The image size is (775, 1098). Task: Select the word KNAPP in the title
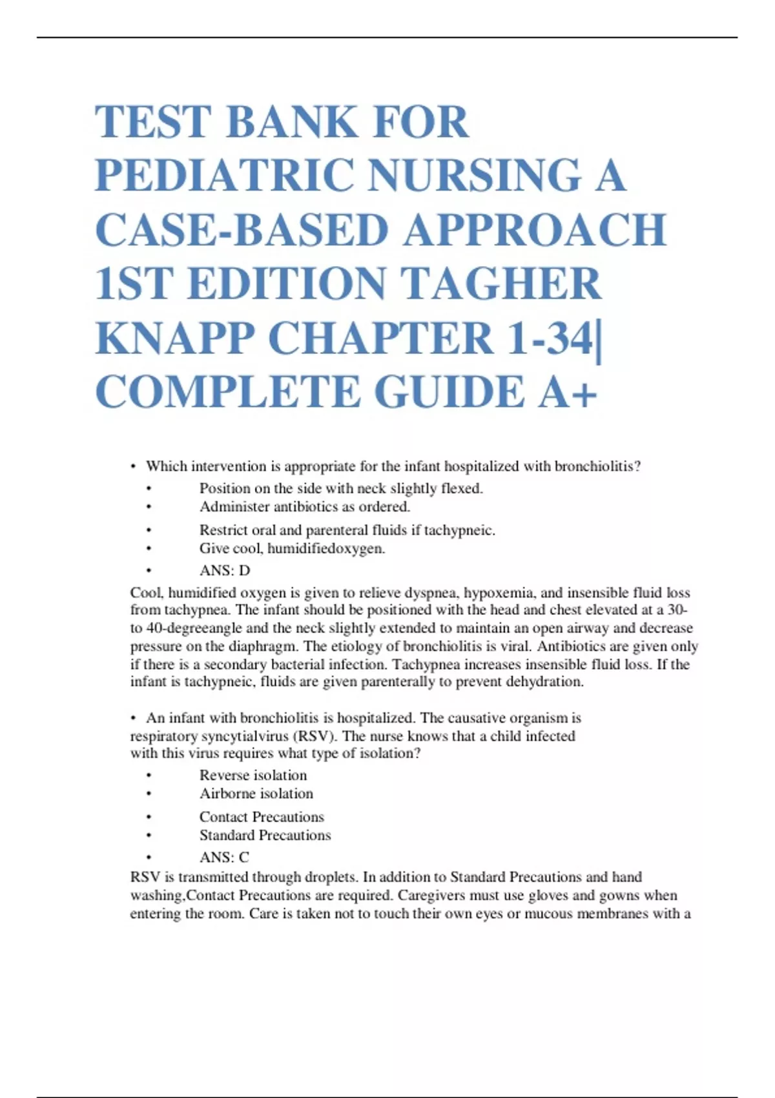[x=174, y=338]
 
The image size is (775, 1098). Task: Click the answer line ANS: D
[x=225, y=570]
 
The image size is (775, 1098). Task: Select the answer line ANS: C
[x=224, y=857]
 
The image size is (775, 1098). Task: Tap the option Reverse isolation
[x=253, y=775]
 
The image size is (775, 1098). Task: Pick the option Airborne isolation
[x=256, y=793]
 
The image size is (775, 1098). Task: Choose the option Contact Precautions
[x=262, y=816]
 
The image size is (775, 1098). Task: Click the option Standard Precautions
[x=265, y=835]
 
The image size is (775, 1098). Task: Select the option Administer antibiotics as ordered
[x=305, y=506]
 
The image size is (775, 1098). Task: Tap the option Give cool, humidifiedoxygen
[x=292, y=548]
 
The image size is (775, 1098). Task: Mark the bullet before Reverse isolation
[x=149, y=776]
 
